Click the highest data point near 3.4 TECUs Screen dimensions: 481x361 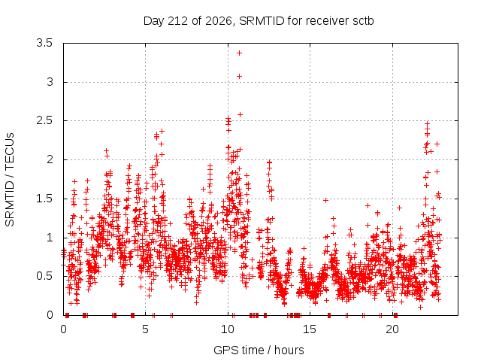pyautogui.click(x=239, y=53)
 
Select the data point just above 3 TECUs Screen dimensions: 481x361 pyautogui.click(x=239, y=76)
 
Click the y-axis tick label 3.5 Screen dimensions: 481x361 pyautogui.click(x=44, y=43)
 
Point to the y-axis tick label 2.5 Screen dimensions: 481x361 pyautogui.click(x=44, y=120)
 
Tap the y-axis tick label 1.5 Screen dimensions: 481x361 pyautogui.click(x=44, y=199)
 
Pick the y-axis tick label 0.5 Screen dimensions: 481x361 pyautogui.click(x=44, y=276)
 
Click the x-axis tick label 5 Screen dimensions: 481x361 pyautogui.click(x=145, y=329)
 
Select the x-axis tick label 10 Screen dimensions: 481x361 pyautogui.click(x=228, y=329)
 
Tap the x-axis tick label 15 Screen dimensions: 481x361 pyautogui.click(x=310, y=329)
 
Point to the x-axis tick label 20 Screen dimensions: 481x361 pyautogui.click(x=392, y=329)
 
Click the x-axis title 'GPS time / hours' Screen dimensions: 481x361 pyautogui.click(x=259, y=350)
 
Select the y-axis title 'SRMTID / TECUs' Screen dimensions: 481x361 pyautogui.click(x=10, y=180)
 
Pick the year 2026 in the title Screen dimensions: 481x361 pyautogui.click(x=219, y=21)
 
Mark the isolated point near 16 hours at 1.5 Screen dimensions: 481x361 pyautogui.click(x=325, y=201)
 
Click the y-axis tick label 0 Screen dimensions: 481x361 pyautogui.click(x=50, y=315)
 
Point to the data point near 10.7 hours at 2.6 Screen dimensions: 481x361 pyautogui.click(x=240, y=114)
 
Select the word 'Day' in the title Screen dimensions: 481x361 pyautogui.click(x=154, y=21)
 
